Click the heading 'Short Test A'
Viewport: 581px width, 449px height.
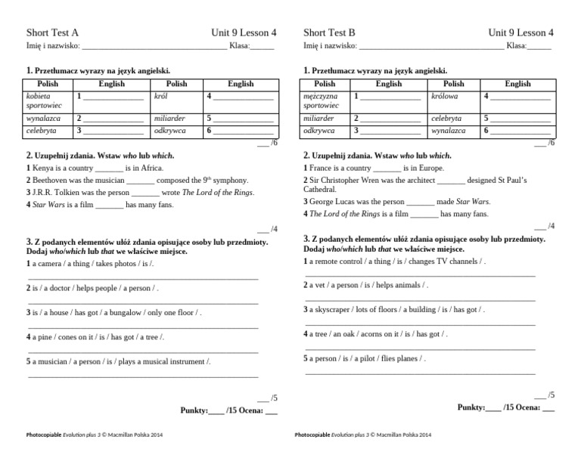point(52,33)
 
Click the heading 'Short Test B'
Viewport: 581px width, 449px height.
point(329,33)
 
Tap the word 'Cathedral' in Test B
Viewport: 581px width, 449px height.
point(321,190)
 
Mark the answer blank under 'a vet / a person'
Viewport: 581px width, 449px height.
point(420,299)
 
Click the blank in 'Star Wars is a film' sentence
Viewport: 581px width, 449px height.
point(110,205)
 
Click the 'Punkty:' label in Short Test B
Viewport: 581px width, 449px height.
point(471,407)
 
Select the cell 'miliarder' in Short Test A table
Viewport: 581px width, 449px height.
point(169,119)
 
